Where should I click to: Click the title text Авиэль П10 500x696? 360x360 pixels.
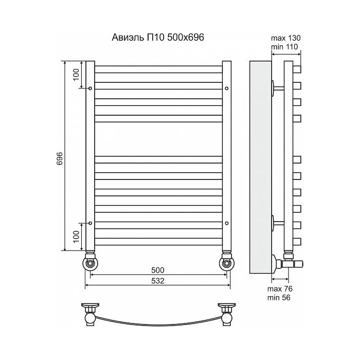pyautogui.click(x=158, y=37)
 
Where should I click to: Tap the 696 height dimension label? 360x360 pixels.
pyautogui.click(x=60, y=158)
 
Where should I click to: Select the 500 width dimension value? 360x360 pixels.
pyautogui.click(x=158, y=270)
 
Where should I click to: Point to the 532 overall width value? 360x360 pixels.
pyautogui.click(x=158, y=281)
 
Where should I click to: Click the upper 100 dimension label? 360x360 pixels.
pyautogui.click(x=76, y=75)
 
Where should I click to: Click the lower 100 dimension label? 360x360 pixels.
pyautogui.click(x=76, y=237)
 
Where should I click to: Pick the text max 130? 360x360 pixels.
pyautogui.click(x=285, y=38)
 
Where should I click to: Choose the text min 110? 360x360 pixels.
pyautogui.click(x=284, y=47)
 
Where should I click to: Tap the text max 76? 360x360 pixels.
pyautogui.click(x=280, y=289)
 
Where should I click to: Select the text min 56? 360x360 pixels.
pyautogui.click(x=279, y=298)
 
